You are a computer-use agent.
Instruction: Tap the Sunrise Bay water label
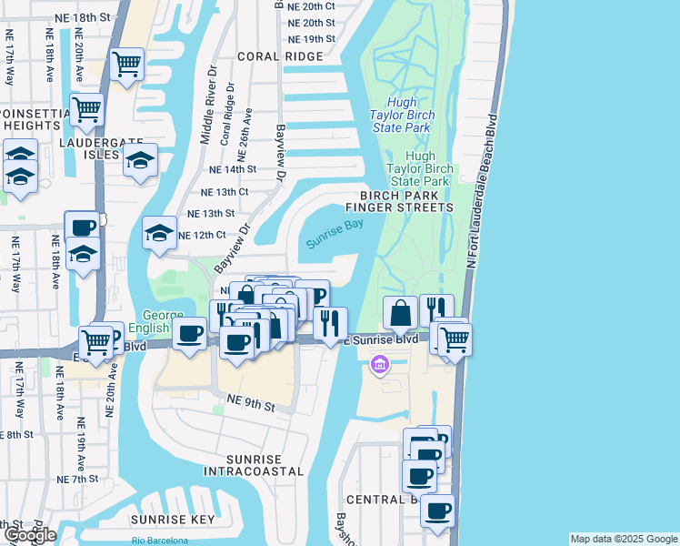pyautogui.click(x=334, y=234)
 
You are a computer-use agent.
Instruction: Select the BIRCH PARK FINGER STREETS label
pyautogui.click(x=405, y=201)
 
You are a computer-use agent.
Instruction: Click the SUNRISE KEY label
pyautogui.click(x=173, y=520)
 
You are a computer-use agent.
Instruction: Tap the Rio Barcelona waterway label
pyautogui.click(x=160, y=541)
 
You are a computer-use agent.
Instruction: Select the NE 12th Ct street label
pyautogui.click(x=201, y=235)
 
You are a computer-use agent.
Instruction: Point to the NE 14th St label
pyautogui.click(x=233, y=169)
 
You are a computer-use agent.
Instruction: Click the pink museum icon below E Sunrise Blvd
pyautogui.click(x=379, y=366)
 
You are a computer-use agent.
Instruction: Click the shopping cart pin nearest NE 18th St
pyautogui.click(x=126, y=64)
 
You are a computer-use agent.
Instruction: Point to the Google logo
pyautogui.click(x=29, y=535)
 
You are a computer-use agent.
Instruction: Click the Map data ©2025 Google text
pyautogui.click(x=623, y=539)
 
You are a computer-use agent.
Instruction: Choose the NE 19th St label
pyautogui.click(x=311, y=39)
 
